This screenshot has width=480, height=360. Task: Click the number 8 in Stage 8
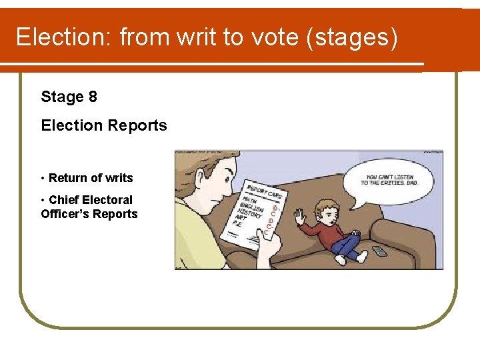tap(92, 97)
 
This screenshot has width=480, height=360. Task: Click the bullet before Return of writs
tap(43, 178)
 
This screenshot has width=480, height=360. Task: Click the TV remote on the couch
tap(379, 251)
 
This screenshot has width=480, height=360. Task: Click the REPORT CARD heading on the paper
tap(265, 191)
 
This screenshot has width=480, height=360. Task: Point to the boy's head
tap(326, 208)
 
